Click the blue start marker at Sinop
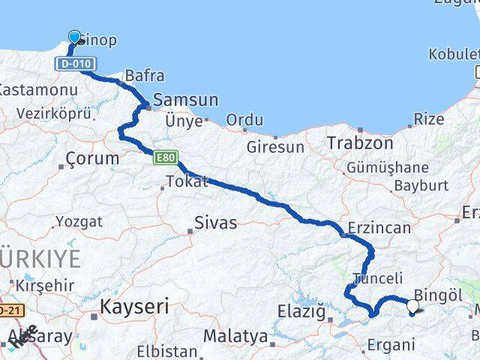pyautogui.click(x=74, y=37)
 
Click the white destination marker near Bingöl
pyautogui.click(x=412, y=306)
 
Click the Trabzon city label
pyautogui.click(x=359, y=142)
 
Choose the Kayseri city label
pyautogui.click(x=134, y=306)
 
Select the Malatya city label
pyautogui.click(x=235, y=337)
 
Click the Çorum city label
pyautogui.click(x=92, y=158)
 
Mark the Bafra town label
pyautogui.click(x=144, y=76)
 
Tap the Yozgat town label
pyautogui.click(x=78, y=222)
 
